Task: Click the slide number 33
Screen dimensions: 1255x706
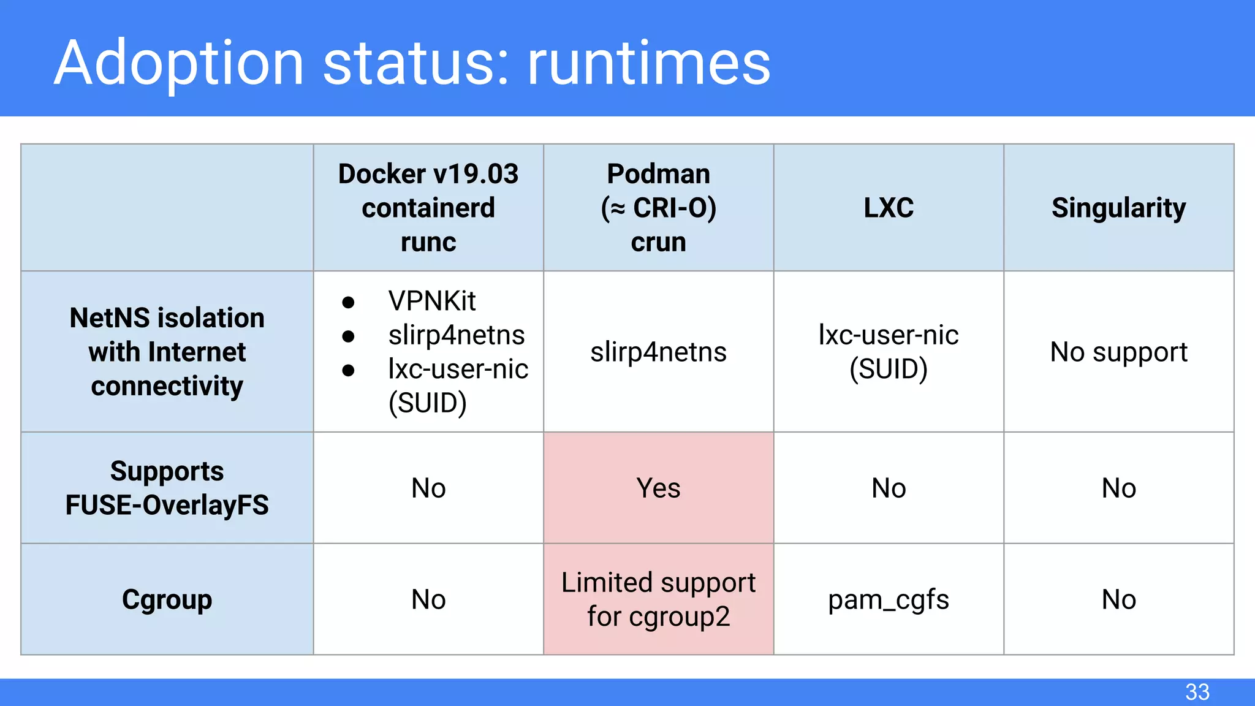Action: tap(1197, 692)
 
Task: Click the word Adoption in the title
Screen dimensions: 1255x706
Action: tap(179, 63)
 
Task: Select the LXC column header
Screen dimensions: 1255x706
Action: tap(889, 208)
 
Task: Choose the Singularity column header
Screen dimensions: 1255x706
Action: tap(1118, 208)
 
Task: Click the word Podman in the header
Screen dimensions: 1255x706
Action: tap(658, 174)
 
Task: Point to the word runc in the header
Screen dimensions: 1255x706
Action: tap(428, 242)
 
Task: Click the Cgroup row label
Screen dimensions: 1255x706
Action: tap(167, 599)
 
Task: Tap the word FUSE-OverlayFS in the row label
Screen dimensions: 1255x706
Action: tap(167, 506)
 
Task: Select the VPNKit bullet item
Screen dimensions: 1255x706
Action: tap(432, 301)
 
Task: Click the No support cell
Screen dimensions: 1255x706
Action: tap(1118, 352)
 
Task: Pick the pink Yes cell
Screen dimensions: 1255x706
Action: tap(658, 488)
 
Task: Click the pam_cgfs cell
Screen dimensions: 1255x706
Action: tap(889, 599)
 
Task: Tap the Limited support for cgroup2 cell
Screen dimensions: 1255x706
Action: tap(658, 599)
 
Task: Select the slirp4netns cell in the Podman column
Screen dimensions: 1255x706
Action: tap(658, 352)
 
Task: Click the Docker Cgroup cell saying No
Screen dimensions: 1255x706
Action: tap(428, 599)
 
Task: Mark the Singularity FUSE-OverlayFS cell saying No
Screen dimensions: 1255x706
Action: tap(1118, 488)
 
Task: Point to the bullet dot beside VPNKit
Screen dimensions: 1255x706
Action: tap(348, 302)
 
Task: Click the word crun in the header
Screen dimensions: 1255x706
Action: tap(658, 242)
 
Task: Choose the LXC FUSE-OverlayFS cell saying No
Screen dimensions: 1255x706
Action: tap(889, 488)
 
